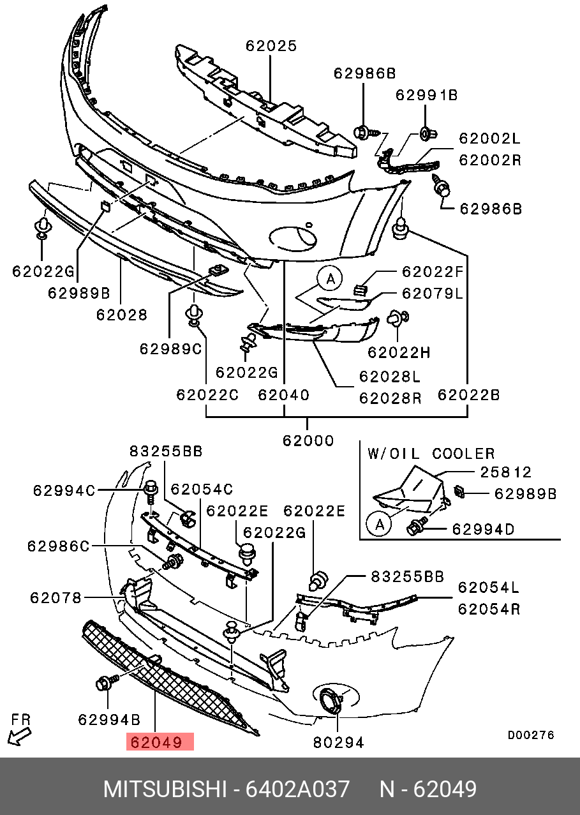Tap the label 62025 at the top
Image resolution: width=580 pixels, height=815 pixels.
(271, 46)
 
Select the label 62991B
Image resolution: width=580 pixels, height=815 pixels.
(426, 95)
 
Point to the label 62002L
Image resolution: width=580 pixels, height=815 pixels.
(490, 138)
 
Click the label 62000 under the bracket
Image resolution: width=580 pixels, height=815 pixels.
(308, 440)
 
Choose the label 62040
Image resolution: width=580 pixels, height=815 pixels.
(283, 395)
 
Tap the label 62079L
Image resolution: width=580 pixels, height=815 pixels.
(432, 293)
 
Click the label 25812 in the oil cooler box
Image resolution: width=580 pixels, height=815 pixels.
(506, 472)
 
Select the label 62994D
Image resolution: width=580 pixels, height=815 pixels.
(483, 529)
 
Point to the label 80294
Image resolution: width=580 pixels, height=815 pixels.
(338, 743)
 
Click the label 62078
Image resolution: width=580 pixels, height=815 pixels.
(56, 598)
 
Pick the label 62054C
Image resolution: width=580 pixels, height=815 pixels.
(202, 489)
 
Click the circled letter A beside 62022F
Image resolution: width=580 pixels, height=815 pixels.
(330, 279)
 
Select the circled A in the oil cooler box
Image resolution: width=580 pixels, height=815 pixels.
(380, 524)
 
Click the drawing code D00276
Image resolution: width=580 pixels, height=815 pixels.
(531, 735)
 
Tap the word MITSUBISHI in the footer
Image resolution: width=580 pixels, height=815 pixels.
(165, 789)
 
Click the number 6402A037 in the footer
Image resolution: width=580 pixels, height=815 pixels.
(297, 789)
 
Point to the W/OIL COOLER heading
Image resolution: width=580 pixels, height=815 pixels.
(431, 454)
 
